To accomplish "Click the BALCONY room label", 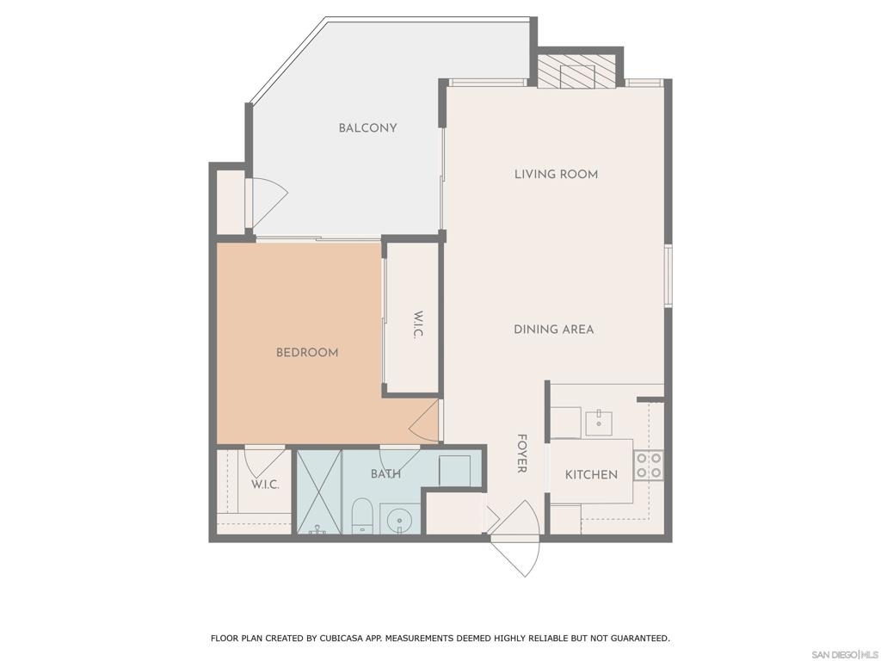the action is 367,128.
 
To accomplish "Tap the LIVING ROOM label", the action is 556,174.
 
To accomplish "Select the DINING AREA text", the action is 553,330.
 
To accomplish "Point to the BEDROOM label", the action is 307,352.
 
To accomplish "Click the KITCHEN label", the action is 591,474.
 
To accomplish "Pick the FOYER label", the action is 521,453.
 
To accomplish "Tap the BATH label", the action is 385,474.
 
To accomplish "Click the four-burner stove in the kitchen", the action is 649,466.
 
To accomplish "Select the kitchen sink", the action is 599,423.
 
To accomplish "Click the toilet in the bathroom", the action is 361,516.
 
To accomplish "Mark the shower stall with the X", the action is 318,491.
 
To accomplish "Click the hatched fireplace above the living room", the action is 576,71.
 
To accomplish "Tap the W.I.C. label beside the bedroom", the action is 417,324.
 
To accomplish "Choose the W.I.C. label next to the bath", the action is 265,485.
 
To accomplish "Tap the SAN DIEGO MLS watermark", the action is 845,655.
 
